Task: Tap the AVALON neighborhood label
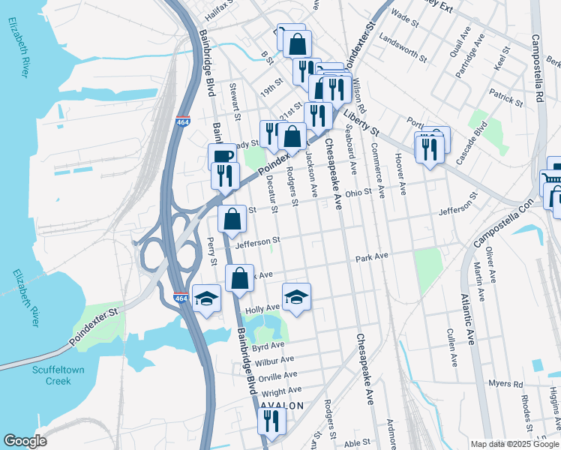pyautogui.click(x=282, y=406)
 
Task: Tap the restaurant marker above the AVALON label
pyautogui.click(x=271, y=421)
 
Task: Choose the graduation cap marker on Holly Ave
pyautogui.click(x=297, y=297)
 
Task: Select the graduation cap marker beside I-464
pyautogui.click(x=206, y=298)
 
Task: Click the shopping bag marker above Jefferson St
pyautogui.click(x=232, y=220)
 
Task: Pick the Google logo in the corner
pyautogui.click(x=25, y=441)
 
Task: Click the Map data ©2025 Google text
pyautogui.click(x=514, y=444)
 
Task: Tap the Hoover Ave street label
pyautogui.click(x=401, y=177)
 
